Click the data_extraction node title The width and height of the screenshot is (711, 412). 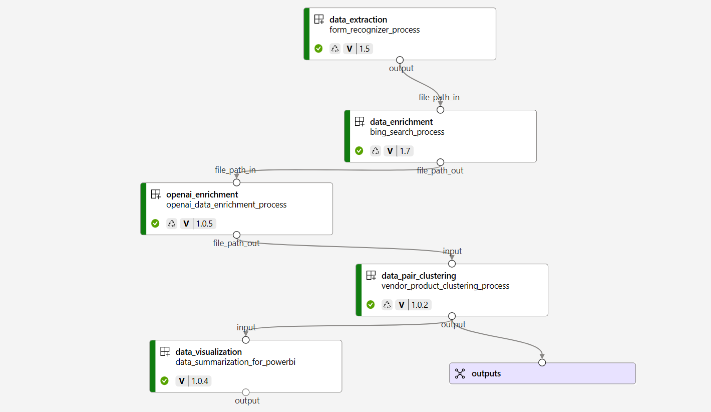pyautogui.click(x=358, y=20)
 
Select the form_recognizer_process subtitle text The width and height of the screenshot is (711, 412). pyautogui.click(x=375, y=30)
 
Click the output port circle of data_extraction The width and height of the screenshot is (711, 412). pyautogui.click(x=400, y=60)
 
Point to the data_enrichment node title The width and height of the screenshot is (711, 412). pyautogui.click(x=401, y=122)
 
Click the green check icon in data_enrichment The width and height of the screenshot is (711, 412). pyautogui.click(x=359, y=151)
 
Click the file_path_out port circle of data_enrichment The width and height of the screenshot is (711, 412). pyautogui.click(x=440, y=162)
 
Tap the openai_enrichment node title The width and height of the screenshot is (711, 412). pyautogui.click(x=202, y=194)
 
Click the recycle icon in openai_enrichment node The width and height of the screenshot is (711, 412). pyautogui.click(x=172, y=224)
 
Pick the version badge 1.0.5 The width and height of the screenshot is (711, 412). pyautogui.click(x=198, y=224)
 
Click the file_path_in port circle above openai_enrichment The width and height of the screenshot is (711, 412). pyautogui.click(x=237, y=182)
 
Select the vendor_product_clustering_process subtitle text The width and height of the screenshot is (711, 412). pyautogui.click(x=445, y=286)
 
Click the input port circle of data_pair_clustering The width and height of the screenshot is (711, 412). pyautogui.click(x=452, y=264)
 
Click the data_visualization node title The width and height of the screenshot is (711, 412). pyautogui.click(x=208, y=352)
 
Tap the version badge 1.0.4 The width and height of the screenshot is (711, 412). pyautogui.click(x=193, y=381)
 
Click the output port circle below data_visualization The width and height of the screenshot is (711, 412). pyautogui.click(x=246, y=392)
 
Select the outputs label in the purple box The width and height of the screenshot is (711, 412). pyautogui.click(x=486, y=373)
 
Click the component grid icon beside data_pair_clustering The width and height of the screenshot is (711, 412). pyautogui.click(x=371, y=276)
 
